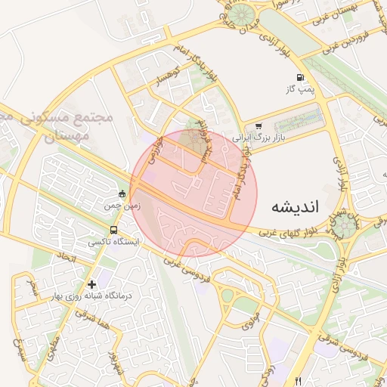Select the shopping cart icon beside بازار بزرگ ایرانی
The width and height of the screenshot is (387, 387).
click(x=259, y=126)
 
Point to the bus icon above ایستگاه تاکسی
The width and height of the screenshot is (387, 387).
click(x=113, y=231)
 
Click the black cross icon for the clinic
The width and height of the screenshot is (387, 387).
click(x=91, y=285)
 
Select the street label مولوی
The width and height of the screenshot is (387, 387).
click(x=250, y=321)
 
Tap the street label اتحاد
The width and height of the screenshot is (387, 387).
click(x=68, y=258)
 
